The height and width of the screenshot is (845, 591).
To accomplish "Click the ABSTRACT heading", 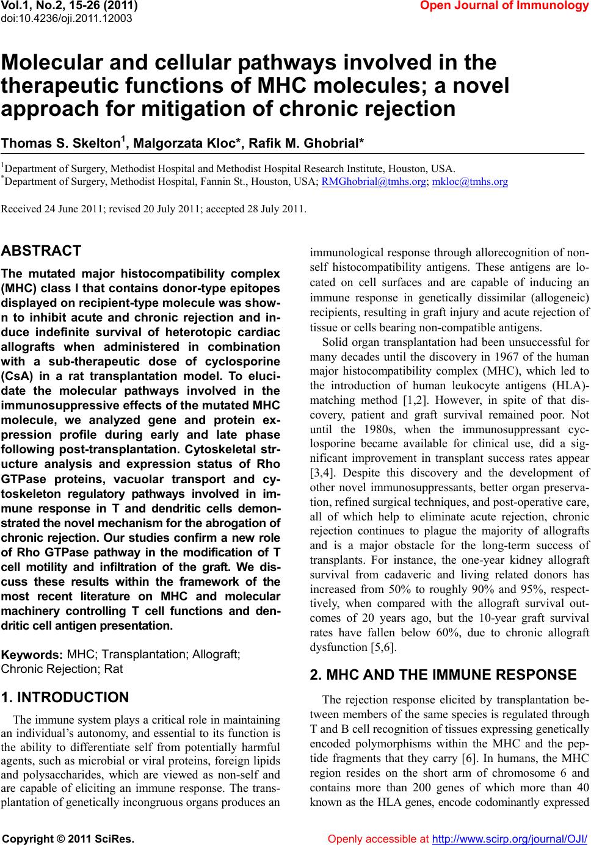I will coord(42,251).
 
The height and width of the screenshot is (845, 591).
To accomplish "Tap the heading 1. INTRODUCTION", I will coord(65,697).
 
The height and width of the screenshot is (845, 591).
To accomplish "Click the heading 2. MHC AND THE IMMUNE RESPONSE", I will coord(443,675).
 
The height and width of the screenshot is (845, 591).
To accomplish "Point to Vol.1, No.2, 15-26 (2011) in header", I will coord(70,6).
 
